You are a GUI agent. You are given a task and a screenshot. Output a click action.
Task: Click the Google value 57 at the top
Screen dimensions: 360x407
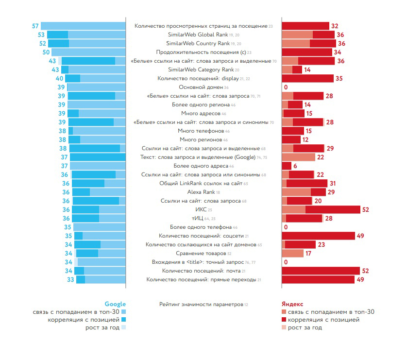point(35,26)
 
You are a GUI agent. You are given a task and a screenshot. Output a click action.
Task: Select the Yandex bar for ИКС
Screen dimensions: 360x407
point(321,209)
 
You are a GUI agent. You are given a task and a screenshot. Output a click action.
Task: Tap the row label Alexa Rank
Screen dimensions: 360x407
point(201,192)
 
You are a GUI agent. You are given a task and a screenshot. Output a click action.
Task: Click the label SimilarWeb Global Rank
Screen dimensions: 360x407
point(201,34)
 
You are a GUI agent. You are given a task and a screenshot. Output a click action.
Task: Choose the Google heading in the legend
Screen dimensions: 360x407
point(115,304)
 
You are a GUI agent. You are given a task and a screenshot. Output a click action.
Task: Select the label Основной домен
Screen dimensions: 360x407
point(201,87)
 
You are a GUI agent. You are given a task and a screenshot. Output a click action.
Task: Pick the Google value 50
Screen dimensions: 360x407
point(46,52)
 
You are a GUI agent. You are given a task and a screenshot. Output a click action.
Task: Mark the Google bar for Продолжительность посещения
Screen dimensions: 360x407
point(88,52)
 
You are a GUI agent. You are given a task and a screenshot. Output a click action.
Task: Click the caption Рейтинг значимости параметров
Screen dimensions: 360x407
point(201,304)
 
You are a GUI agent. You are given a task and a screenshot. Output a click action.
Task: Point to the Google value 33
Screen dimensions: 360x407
point(70,279)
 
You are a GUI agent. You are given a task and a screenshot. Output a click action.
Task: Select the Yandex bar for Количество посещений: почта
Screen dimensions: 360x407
point(321,271)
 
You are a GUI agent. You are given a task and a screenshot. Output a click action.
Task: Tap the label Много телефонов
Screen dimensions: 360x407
point(201,131)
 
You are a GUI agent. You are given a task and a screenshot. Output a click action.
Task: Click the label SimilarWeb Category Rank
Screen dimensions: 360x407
point(201,69)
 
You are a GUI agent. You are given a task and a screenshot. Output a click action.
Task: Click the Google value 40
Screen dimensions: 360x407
point(60,78)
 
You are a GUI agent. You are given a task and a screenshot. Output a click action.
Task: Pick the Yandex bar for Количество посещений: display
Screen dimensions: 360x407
point(307,78)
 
